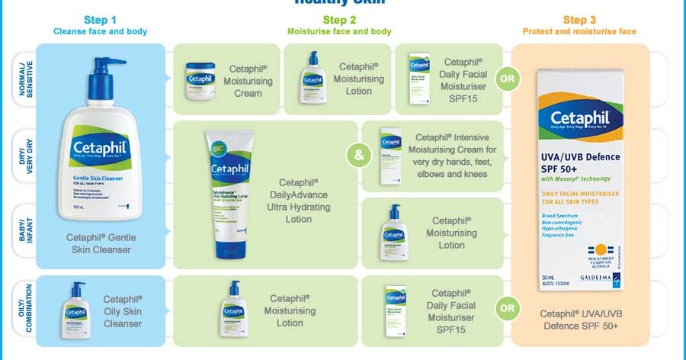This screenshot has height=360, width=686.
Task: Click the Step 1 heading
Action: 100,19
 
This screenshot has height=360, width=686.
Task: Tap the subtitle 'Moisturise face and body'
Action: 339,31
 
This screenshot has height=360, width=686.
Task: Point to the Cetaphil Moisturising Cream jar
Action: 200,79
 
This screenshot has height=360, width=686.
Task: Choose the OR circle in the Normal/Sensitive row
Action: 505,77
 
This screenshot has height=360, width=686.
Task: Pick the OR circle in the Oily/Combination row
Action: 505,309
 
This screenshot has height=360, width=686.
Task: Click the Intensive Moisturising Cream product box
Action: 391,157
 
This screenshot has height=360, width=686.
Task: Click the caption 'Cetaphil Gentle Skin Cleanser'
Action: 101,244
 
